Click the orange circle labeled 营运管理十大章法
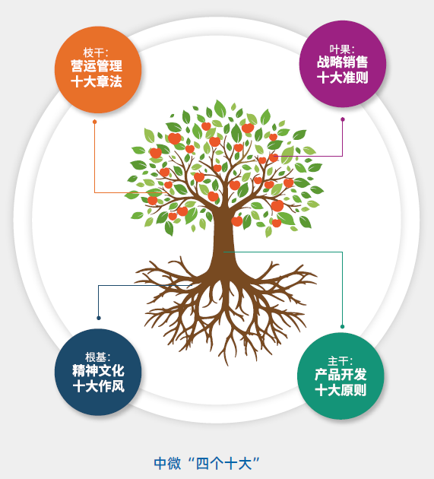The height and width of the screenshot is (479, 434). coord(98,70)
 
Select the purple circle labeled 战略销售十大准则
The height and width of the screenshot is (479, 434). coord(343,64)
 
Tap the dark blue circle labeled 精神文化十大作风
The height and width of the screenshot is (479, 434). coord(98,372)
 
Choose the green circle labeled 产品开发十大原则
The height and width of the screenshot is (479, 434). coord(341,376)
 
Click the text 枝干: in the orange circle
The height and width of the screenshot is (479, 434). coord(96,52)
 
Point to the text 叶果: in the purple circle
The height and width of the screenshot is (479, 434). coord(342,49)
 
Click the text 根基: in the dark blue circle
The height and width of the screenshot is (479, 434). coord(98,357)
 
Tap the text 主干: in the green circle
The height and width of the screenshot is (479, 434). coord(341,361)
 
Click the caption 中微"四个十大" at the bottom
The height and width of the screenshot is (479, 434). coord(207,463)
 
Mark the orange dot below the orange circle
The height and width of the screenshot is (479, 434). coord(95,122)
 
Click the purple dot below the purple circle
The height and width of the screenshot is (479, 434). coord(343,119)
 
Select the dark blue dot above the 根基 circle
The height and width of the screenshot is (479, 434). coord(99,318)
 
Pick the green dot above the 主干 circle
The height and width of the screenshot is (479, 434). coord(342,327)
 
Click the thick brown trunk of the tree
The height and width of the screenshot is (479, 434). coord(224,238)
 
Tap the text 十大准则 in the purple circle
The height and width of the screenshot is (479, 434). coord(342,78)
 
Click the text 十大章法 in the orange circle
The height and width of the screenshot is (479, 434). coord(97,81)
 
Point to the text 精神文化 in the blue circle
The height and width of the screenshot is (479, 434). coord(98,370)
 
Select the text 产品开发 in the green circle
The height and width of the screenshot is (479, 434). coord(341,374)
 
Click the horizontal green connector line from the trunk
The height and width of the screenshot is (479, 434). coord(283,252)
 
